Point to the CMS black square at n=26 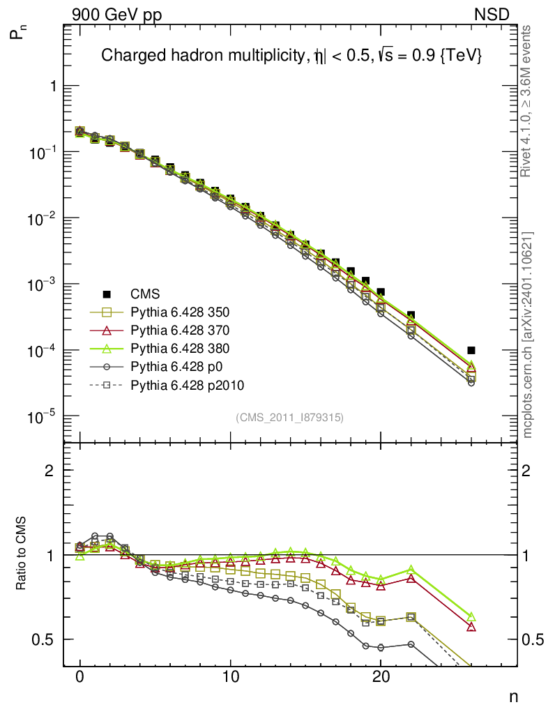471,350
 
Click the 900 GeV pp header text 116,15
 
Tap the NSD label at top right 492,15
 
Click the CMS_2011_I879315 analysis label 289,417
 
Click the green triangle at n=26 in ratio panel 471,617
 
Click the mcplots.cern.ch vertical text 528,335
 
